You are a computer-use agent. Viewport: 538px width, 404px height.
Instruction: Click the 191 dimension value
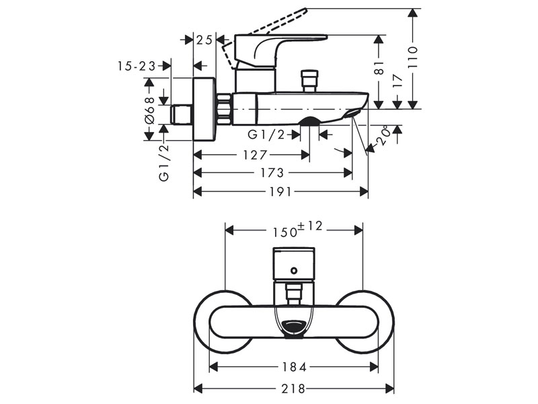(280, 191)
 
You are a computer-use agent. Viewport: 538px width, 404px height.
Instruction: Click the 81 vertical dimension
(379, 67)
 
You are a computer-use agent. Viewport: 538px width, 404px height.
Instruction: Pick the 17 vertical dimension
(397, 81)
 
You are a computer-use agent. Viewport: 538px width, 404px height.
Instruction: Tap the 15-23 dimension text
(136, 65)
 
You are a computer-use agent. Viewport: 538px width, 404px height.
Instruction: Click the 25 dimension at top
(204, 40)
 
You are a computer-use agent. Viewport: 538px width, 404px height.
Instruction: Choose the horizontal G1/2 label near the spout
(266, 134)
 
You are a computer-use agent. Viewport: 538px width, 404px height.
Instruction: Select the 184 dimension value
(293, 367)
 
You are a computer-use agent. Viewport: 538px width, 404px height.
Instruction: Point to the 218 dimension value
(293, 389)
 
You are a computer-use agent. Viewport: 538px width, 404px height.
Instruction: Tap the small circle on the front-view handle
(294, 271)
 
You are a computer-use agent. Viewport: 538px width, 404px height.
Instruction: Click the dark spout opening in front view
(294, 327)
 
